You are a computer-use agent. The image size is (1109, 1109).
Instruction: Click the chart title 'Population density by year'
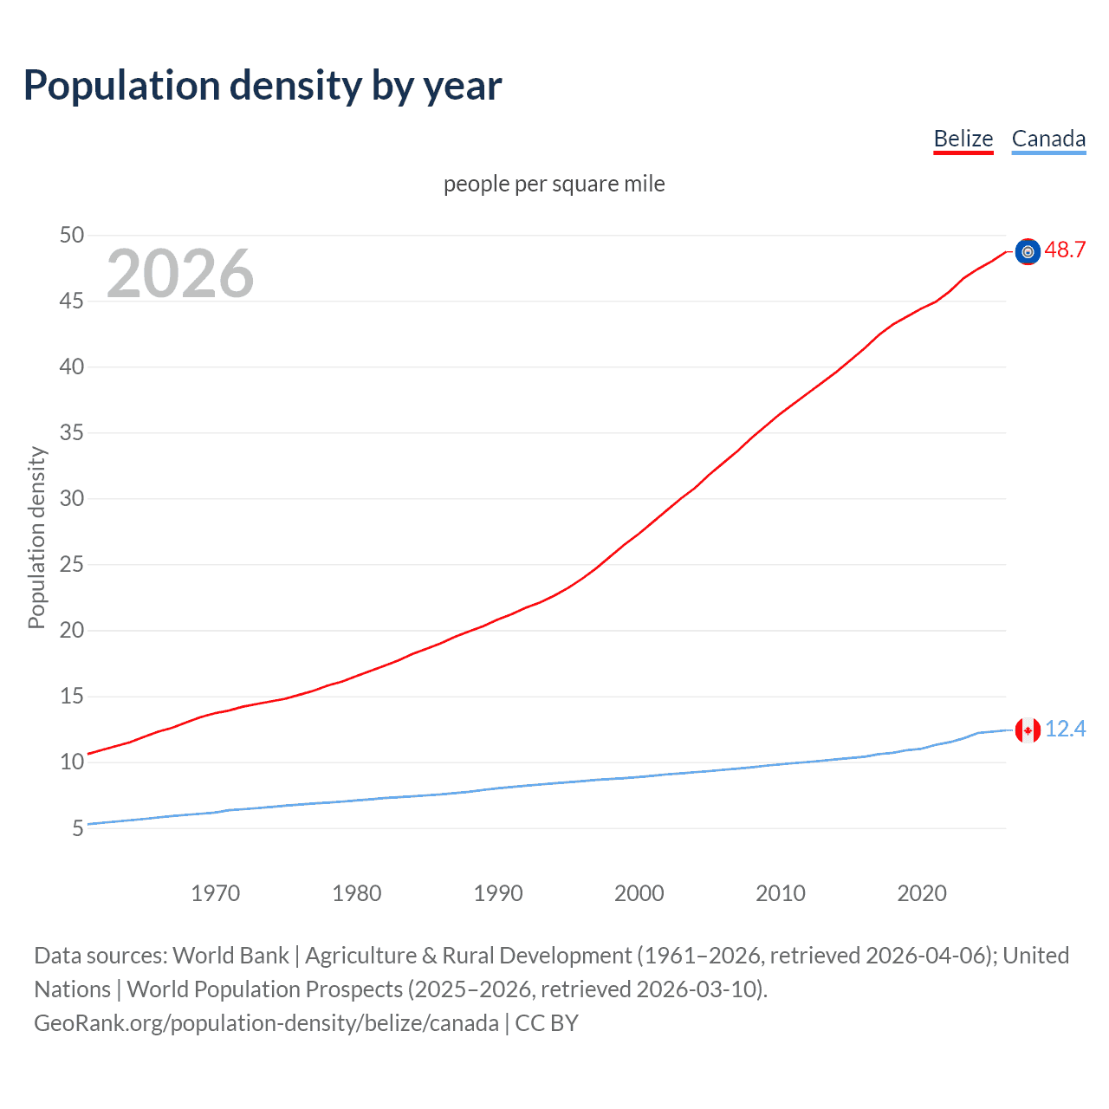[263, 86]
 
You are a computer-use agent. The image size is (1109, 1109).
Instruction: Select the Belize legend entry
[963, 139]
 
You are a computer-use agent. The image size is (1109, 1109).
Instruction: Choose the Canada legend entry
[1048, 139]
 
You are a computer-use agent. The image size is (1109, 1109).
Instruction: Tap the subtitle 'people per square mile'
[554, 184]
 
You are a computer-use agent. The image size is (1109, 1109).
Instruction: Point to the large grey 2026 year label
[180, 274]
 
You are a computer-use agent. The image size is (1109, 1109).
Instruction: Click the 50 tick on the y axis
[72, 235]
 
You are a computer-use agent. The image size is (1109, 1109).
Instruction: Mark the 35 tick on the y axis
[72, 432]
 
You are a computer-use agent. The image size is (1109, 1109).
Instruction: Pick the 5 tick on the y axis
[78, 828]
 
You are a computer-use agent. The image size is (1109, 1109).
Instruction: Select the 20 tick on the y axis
[72, 630]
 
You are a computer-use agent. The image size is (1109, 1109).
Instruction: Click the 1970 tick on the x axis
[215, 893]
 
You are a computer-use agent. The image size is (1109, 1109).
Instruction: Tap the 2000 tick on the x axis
[639, 893]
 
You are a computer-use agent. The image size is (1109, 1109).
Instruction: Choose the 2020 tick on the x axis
[921, 893]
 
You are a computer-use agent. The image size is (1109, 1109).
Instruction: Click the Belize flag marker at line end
[1028, 251]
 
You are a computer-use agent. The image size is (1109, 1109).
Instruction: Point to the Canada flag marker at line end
[1028, 730]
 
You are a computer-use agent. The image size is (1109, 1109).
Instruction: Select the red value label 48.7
[1065, 250]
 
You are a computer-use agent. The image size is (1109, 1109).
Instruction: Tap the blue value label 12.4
[1065, 730]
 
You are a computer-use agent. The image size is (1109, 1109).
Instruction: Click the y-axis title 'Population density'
[36, 537]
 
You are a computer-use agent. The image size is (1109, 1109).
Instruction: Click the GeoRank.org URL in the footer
[266, 1023]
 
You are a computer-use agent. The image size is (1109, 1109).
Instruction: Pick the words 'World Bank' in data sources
[230, 956]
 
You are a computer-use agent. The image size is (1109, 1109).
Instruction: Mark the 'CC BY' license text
[547, 1023]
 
